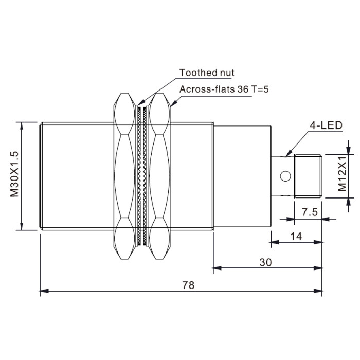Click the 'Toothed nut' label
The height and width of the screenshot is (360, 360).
tap(207, 73)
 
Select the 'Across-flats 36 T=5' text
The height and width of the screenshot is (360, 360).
tap(224, 89)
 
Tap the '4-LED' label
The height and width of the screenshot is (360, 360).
tap(326, 125)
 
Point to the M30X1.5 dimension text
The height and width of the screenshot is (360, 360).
tap(14, 174)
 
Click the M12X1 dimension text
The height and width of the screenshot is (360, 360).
tap(342, 174)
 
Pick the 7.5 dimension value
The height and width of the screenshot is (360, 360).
tap(310, 212)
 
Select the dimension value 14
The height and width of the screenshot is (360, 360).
tap(296, 236)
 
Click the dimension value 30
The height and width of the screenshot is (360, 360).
tap(265, 262)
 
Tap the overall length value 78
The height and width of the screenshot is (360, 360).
tap(188, 285)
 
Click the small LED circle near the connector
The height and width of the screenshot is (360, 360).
tap(285, 176)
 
